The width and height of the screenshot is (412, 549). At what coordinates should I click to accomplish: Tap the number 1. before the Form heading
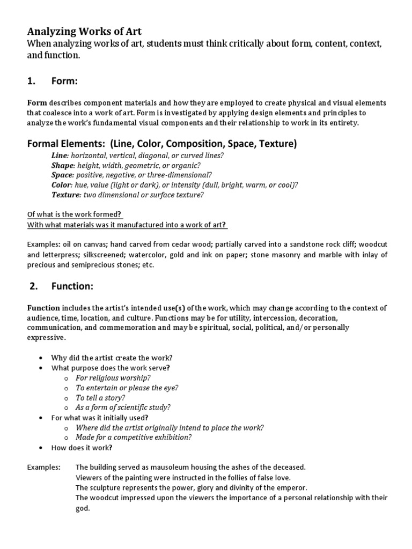point(32,81)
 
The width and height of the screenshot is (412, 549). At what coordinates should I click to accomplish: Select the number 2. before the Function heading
point(34,286)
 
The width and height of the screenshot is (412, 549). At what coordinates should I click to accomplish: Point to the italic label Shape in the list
point(62,165)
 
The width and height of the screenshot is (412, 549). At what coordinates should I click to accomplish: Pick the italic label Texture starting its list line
point(65,195)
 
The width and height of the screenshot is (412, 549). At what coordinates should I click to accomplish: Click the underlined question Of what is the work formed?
point(75,214)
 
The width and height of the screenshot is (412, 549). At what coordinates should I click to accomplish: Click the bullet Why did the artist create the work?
point(112,358)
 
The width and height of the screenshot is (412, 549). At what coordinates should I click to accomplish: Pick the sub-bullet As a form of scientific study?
point(123,407)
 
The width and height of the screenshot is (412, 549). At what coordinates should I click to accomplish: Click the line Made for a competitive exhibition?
point(134,437)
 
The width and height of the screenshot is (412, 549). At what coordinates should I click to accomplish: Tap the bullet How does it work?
point(82,447)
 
